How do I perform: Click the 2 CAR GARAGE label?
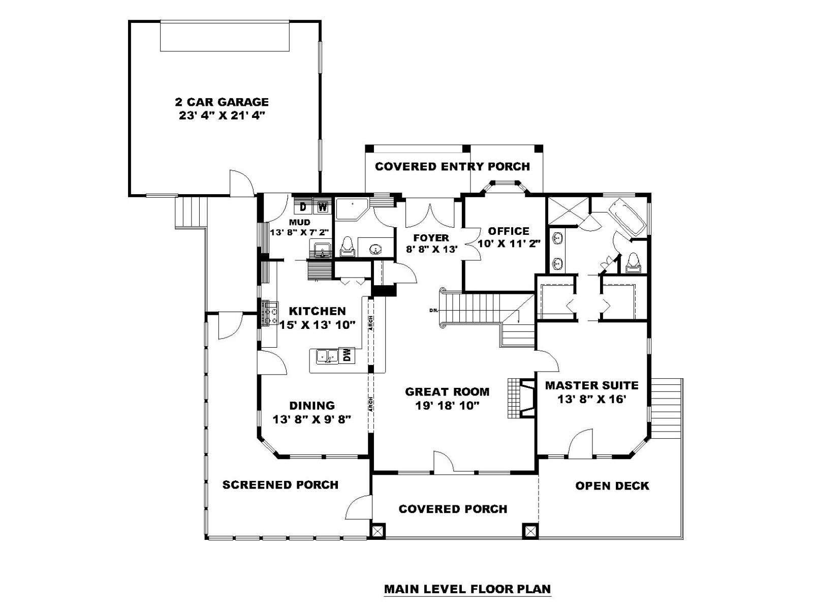[x=222, y=102]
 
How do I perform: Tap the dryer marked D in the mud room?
[x=303, y=207]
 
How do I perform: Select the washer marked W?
[x=323, y=207]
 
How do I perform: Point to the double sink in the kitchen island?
[x=327, y=357]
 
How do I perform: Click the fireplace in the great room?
[x=521, y=398]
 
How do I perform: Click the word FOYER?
[x=431, y=238]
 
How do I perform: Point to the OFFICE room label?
[x=509, y=231]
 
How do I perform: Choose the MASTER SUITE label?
[x=592, y=385]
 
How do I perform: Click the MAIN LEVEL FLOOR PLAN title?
[x=468, y=589]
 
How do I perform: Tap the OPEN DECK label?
[x=612, y=486]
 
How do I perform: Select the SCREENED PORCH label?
[x=280, y=485]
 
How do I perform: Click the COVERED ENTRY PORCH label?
[x=452, y=167]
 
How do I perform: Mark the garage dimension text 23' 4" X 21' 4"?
[x=222, y=116]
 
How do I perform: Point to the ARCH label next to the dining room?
[x=371, y=404]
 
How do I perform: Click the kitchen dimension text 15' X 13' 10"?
[x=318, y=325]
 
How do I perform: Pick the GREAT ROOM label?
[x=447, y=392]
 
